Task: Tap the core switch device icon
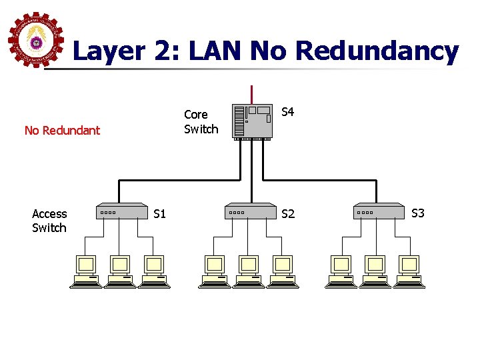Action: point(252,121)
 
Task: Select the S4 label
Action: point(288,112)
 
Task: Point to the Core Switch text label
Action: point(201,122)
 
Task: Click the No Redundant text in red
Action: point(62,130)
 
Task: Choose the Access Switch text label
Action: point(49,221)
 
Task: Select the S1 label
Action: point(159,214)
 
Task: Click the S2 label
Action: point(288,214)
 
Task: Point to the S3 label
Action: point(418,213)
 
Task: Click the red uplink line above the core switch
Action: point(251,93)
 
